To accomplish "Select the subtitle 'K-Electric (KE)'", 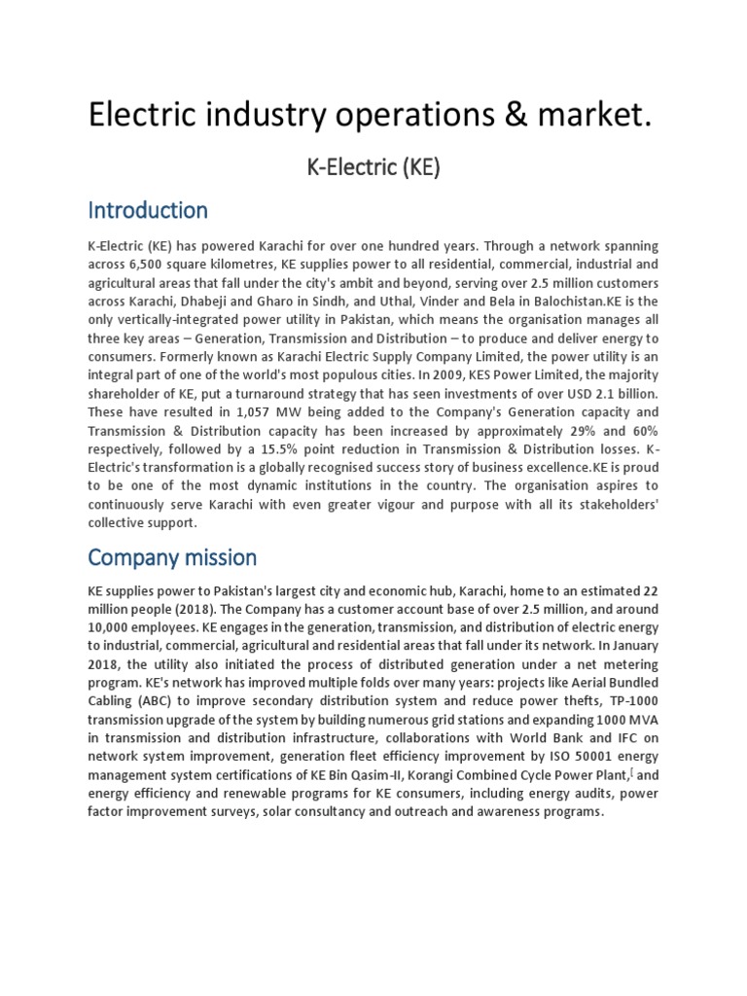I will point(373,166).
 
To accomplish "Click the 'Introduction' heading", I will point(148,210).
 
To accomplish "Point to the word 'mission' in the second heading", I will point(219,557).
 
